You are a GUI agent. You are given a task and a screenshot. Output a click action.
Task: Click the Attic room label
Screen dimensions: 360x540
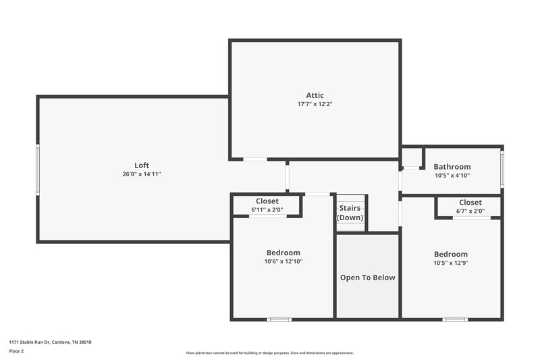click(315, 95)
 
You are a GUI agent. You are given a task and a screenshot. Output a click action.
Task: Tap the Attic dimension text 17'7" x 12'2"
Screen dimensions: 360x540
click(315, 104)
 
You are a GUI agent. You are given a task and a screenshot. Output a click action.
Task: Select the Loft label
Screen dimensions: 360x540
click(142, 165)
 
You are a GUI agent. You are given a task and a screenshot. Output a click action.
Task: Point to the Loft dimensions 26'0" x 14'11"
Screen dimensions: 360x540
click(142, 174)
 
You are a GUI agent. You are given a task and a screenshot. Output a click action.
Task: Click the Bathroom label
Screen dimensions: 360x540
click(452, 167)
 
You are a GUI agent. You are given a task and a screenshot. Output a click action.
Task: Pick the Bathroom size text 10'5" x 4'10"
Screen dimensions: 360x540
click(452, 176)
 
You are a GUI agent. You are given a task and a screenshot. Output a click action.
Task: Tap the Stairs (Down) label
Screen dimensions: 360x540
click(350, 213)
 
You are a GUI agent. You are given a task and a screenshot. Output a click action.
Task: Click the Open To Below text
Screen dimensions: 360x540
click(367, 277)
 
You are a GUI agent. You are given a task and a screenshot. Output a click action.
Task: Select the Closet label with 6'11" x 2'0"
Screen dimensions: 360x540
click(267, 201)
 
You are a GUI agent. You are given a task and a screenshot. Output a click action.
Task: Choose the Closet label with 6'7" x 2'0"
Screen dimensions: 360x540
click(470, 203)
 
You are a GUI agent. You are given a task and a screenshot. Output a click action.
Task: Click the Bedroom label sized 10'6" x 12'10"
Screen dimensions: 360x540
click(283, 253)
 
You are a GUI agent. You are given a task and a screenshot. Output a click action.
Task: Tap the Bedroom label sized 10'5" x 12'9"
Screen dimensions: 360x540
click(451, 254)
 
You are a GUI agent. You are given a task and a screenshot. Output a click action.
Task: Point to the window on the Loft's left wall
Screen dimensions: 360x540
click(38, 170)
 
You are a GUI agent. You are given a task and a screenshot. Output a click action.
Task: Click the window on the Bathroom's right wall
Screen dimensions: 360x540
click(502, 168)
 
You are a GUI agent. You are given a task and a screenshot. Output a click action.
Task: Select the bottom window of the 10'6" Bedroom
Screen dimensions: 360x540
click(279, 319)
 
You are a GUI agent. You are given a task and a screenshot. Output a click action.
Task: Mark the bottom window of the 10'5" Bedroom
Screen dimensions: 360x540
click(455, 319)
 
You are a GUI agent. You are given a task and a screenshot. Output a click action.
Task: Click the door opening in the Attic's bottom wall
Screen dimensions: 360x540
click(255, 159)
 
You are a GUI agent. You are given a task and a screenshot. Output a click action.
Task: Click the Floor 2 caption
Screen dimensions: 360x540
click(16, 351)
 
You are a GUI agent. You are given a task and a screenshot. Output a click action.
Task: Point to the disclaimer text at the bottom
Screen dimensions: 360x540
click(269, 353)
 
